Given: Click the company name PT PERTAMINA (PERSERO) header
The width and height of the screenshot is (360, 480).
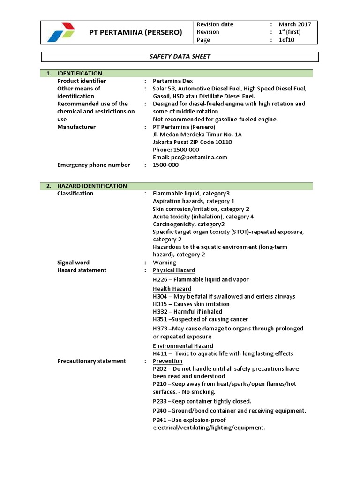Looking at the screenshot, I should [136, 32].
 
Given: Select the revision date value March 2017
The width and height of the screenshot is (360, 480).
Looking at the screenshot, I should [294, 24].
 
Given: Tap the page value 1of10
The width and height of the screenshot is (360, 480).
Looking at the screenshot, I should [286, 40].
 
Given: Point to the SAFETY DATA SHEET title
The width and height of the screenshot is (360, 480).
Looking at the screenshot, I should [180, 57].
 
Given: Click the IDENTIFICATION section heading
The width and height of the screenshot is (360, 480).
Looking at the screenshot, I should [80, 73].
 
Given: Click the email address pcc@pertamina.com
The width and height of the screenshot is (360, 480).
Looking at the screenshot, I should [190, 157].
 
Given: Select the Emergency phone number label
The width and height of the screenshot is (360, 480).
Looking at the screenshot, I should [93, 165].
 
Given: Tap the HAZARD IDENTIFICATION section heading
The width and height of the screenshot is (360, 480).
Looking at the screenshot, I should [92, 186].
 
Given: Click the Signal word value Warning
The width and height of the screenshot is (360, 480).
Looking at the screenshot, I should [165, 262].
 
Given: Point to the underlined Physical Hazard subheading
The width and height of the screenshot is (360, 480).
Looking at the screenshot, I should [174, 270].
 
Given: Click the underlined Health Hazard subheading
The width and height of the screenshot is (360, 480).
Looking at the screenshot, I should [172, 289].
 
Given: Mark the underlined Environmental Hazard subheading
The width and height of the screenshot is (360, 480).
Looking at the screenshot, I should [183, 346].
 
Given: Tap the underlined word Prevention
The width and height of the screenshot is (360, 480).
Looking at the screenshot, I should [167, 361].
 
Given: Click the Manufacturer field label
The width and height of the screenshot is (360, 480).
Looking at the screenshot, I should [76, 127].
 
